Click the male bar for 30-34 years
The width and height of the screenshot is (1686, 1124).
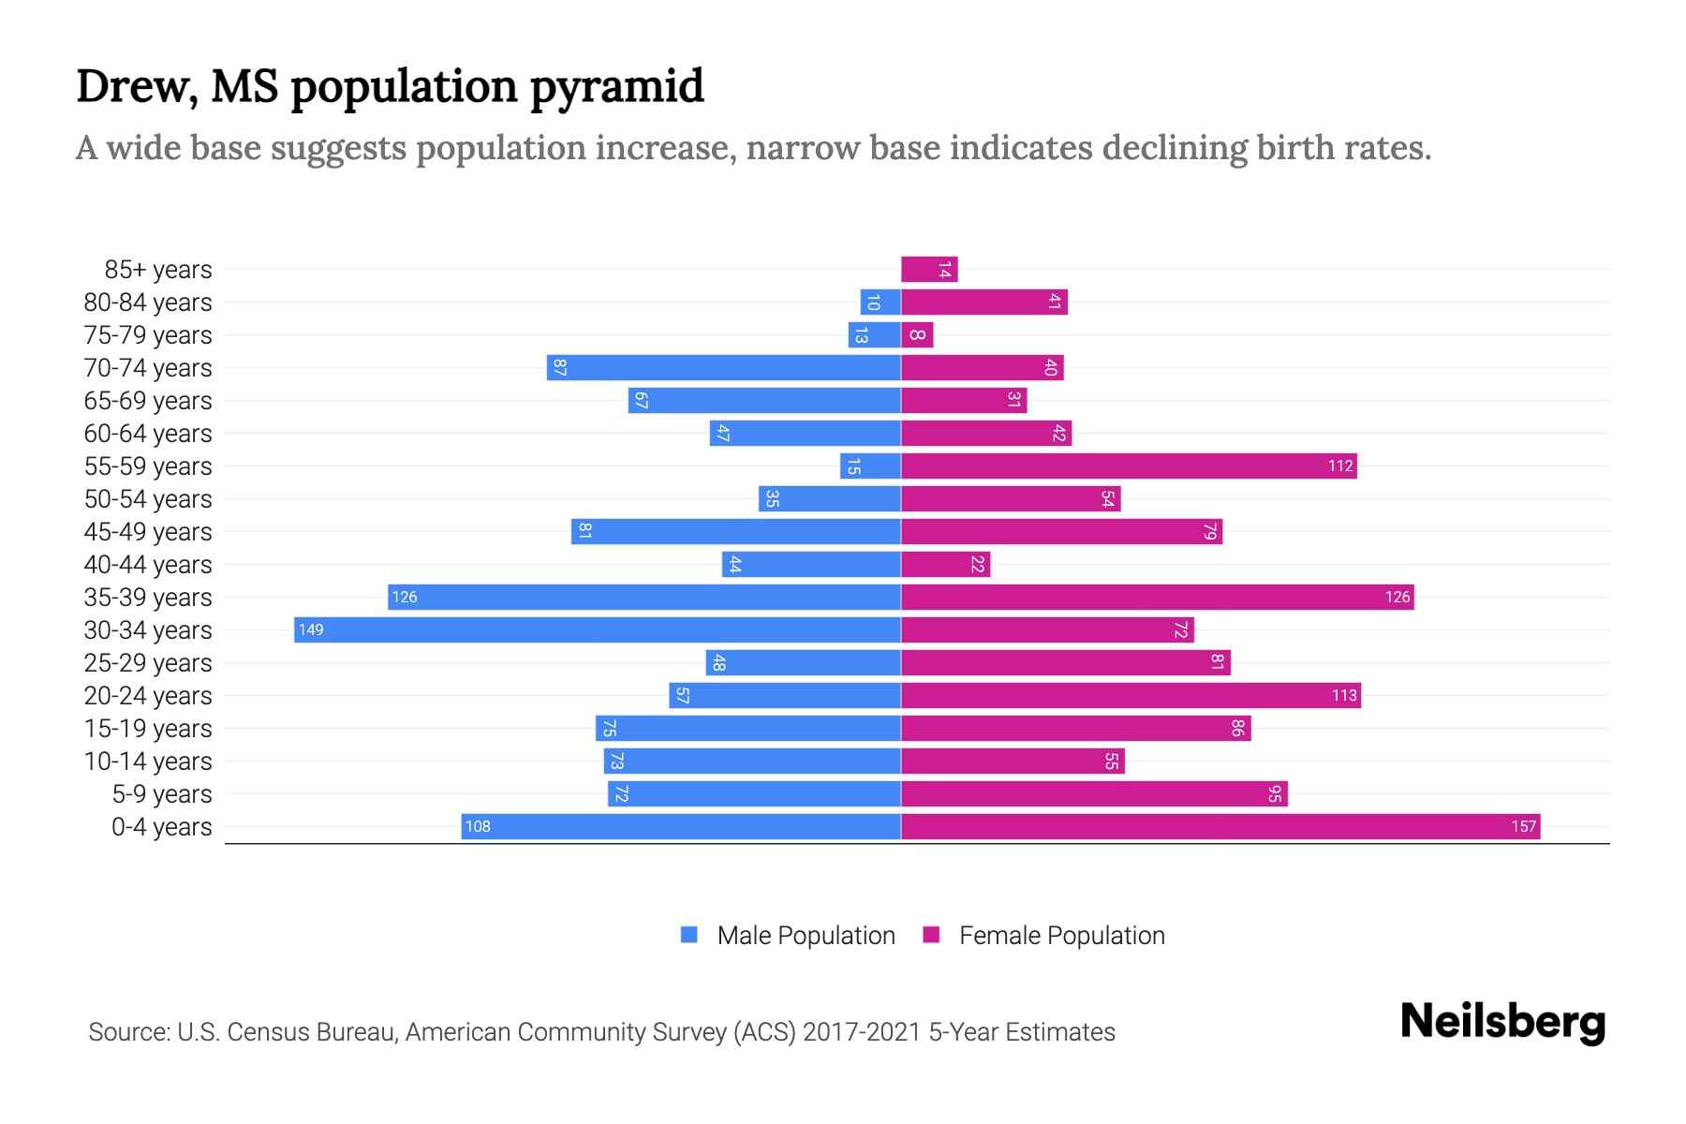598,629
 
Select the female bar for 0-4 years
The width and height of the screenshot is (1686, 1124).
1220,826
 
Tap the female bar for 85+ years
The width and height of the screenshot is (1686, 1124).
929,270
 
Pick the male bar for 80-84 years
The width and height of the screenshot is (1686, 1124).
880,303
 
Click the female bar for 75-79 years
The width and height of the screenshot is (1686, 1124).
917,335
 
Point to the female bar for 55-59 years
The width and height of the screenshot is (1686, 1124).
1129,466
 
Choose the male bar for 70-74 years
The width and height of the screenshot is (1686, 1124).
724,368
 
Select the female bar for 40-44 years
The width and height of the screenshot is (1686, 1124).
945,565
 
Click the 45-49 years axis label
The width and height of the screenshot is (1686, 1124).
148,532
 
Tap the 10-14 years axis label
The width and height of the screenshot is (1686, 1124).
148,762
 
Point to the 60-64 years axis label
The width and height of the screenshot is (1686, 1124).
148,434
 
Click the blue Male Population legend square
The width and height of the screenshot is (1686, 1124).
689,935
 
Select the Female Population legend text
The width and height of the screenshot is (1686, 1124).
1061,936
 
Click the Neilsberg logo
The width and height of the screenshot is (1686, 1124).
1502,1022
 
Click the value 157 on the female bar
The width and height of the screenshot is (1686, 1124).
1523,826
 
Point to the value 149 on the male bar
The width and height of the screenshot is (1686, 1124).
311,629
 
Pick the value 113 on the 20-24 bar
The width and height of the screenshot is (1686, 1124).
1344,695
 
